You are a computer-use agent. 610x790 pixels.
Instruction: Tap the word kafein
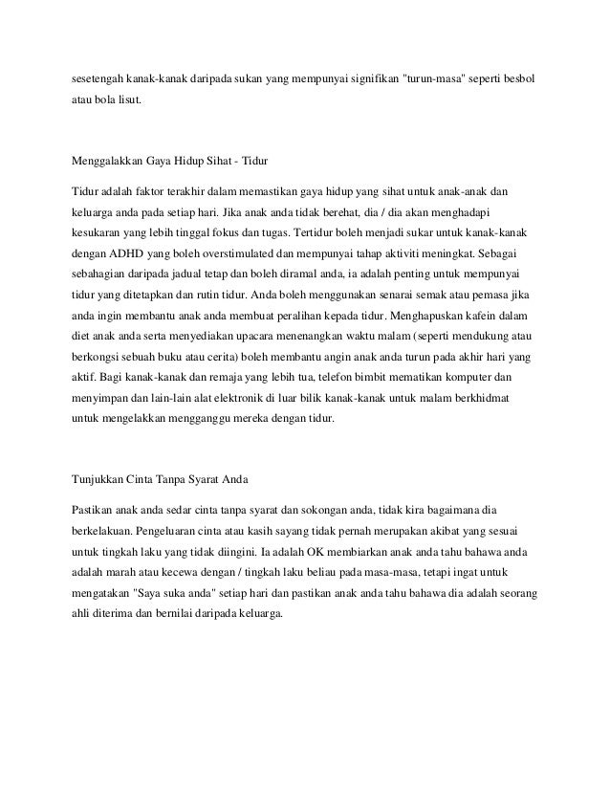coord(463,316)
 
